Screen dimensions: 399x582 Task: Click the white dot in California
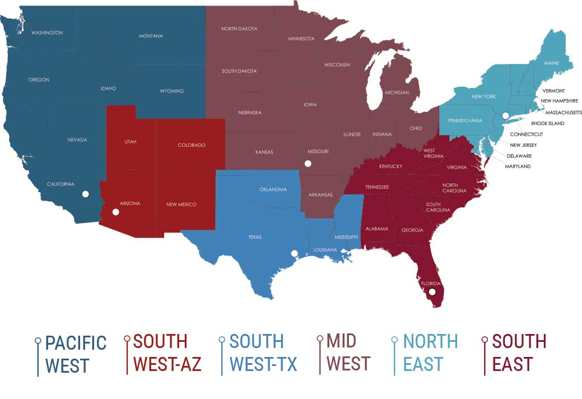coord(85,194)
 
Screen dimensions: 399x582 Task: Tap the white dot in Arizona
coord(115,212)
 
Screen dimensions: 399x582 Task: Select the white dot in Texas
coord(294,253)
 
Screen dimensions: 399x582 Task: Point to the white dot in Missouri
coord(307,163)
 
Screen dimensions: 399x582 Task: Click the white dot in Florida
coord(432,292)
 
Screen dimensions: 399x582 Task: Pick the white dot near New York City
coord(505,115)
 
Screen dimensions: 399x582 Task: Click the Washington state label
coord(47,33)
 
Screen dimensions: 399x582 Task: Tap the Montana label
coord(151,36)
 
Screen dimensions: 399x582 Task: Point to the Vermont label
coord(553,91)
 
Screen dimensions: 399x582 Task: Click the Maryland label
coord(518,166)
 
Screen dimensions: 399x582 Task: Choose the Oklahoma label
coord(273,189)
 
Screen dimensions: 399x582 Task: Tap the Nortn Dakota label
coord(239,29)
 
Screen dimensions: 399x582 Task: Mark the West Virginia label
coord(429,154)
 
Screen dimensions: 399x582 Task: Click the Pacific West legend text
coord(76,354)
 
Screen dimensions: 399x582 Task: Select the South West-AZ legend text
coord(167,353)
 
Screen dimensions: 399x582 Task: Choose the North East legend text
coord(430,353)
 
